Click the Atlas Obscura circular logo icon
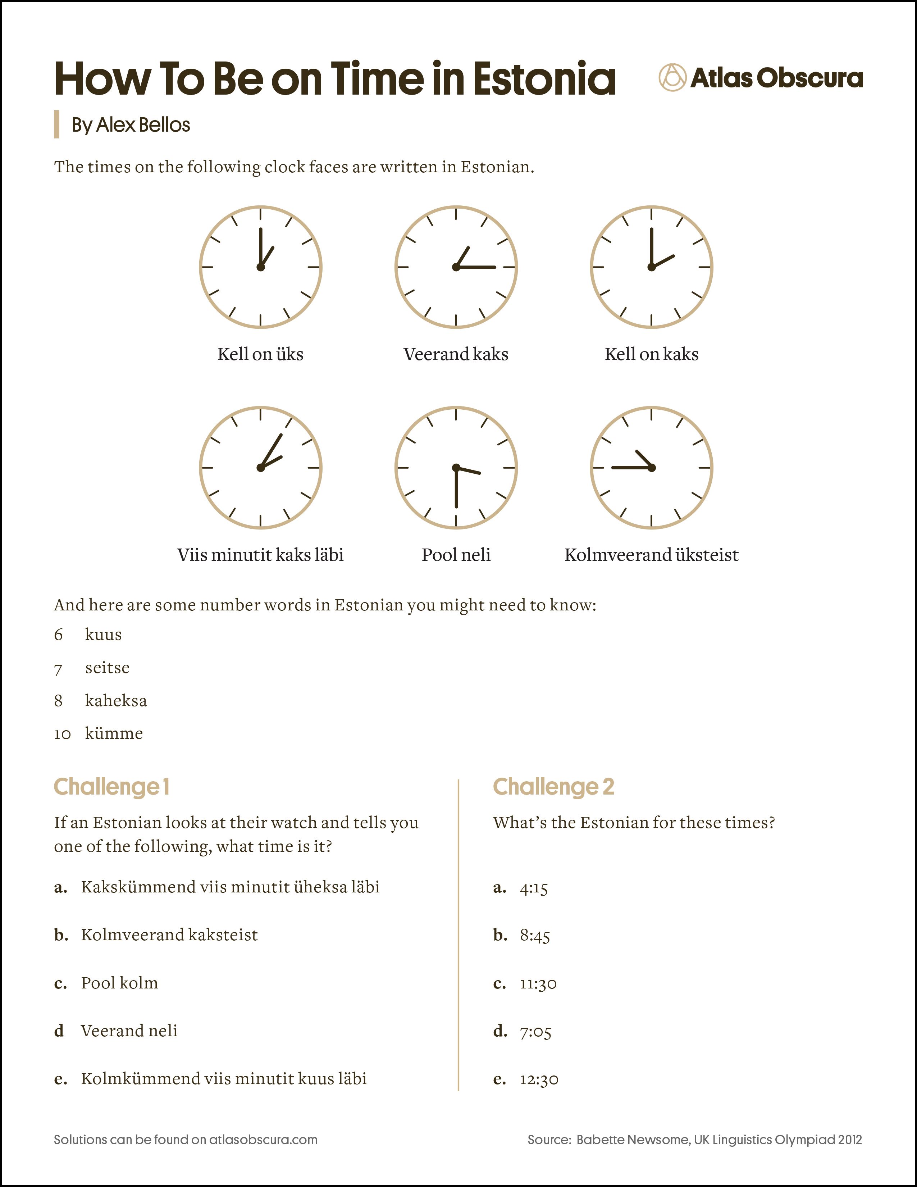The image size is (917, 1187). (672, 77)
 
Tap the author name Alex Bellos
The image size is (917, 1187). (143, 125)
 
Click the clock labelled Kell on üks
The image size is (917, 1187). (261, 267)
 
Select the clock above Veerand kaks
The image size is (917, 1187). (456, 267)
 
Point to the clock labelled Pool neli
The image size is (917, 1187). (456, 467)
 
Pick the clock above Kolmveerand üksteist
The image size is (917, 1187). (651, 467)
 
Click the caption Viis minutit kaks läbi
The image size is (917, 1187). (260, 555)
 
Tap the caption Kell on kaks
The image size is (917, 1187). (651, 354)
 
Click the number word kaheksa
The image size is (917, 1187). (116, 701)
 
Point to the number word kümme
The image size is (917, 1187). (114, 734)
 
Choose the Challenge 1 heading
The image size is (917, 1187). (112, 786)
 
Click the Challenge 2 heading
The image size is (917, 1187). (553, 786)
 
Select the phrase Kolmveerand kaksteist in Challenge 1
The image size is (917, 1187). (169, 935)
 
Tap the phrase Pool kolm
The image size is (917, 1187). (119, 983)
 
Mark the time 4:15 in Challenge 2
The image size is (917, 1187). (533, 888)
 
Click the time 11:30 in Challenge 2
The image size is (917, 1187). (538, 984)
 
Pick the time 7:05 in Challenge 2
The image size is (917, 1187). (535, 1032)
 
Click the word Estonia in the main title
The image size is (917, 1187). (544, 79)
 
